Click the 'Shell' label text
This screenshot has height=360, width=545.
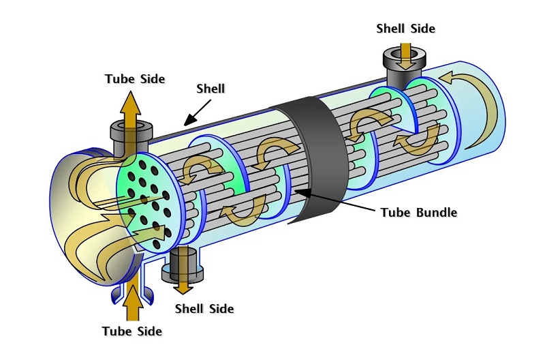click(x=211, y=89)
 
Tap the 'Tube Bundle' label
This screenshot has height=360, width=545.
click(x=418, y=212)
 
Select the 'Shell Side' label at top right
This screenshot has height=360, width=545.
click(x=405, y=29)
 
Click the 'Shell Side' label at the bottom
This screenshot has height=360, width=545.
click(x=204, y=309)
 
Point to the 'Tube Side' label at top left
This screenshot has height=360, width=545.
click(x=135, y=78)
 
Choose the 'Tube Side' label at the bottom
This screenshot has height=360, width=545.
click(x=132, y=331)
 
